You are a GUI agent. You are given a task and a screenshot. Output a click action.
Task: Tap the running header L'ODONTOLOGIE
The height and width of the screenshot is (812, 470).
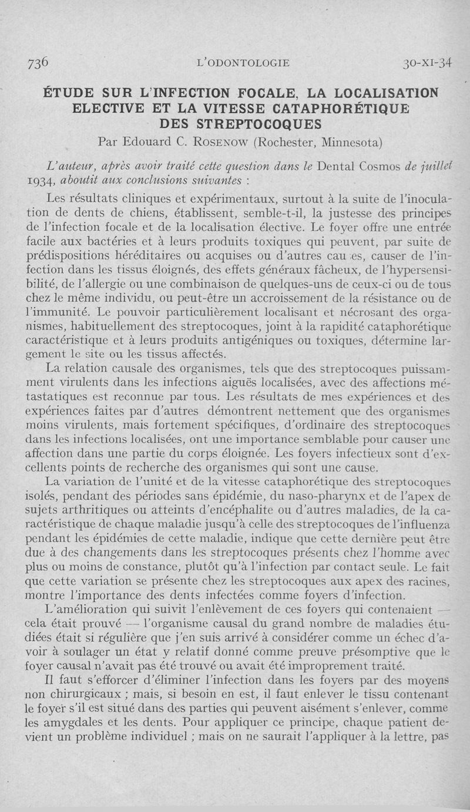tap(244, 63)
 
